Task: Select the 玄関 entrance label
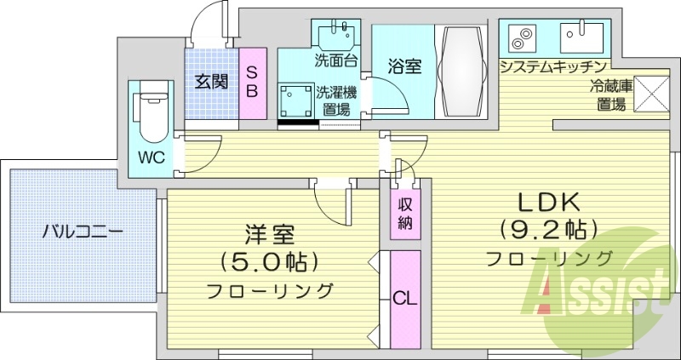(x=211, y=82)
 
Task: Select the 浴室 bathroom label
(x=404, y=66)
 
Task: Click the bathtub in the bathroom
(x=463, y=66)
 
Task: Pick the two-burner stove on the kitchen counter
(x=520, y=37)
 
